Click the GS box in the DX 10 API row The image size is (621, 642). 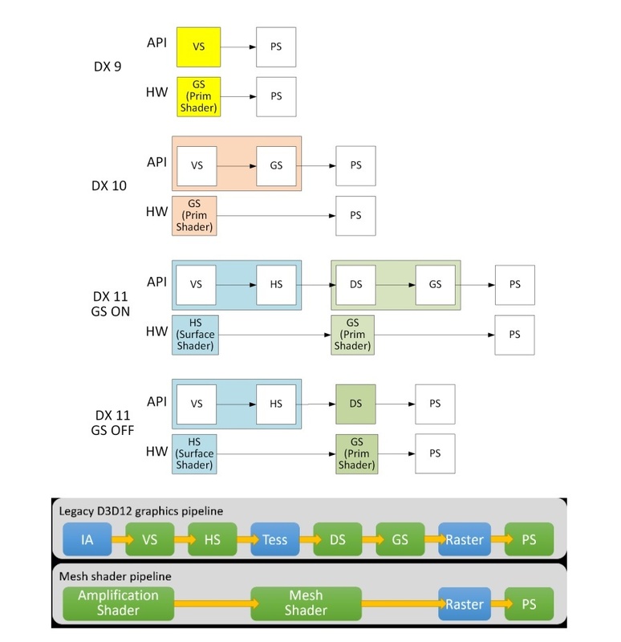pos(276,165)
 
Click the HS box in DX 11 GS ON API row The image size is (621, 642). pos(276,284)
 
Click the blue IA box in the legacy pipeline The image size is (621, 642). pos(87,540)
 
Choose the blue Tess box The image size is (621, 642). pos(274,540)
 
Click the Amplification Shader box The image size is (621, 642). pos(118,603)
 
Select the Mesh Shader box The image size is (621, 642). pos(306,603)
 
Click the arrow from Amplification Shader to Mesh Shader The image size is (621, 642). pos(212,603)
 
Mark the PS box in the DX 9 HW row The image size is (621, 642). pos(276,96)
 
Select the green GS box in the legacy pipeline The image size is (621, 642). pos(400,540)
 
